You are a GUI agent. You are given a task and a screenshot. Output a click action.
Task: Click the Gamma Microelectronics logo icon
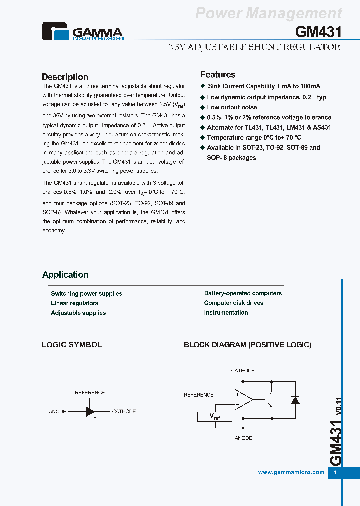pos(56,32)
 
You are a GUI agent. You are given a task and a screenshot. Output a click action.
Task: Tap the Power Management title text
pos(268,13)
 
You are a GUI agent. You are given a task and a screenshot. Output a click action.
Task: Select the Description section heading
pos(65,77)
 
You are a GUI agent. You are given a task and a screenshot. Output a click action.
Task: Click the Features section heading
pos(218,75)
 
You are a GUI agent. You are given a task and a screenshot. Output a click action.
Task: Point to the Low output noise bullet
pos(232,107)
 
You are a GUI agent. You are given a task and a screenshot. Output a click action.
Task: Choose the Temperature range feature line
pos(254,137)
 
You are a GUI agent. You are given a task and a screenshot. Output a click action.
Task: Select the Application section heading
pos(65,275)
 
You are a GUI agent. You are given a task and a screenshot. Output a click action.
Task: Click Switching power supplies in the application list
pos(86,294)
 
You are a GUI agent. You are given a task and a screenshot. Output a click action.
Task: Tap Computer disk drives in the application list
pos(233,303)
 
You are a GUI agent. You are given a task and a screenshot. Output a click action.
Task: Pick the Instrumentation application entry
pos(226,313)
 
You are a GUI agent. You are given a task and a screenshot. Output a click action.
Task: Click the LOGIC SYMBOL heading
pos(72,345)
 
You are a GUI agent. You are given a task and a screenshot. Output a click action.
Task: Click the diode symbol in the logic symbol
pos(91,411)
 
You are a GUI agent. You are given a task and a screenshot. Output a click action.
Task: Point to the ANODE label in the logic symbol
pos(57,412)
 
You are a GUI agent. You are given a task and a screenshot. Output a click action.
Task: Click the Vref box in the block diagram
pos(214,416)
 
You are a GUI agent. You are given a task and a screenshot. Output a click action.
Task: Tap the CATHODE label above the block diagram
pos(243,371)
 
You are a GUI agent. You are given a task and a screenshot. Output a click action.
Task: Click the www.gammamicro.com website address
pos(291,472)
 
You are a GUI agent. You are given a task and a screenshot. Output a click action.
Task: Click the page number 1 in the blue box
pos(335,473)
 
